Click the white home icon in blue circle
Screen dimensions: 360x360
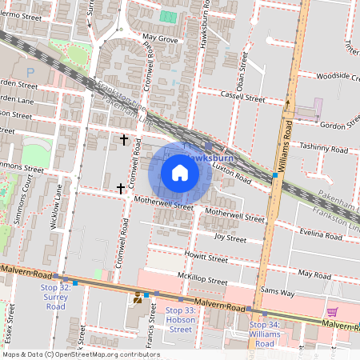(x=180, y=172)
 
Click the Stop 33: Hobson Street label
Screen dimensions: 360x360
(x=180, y=319)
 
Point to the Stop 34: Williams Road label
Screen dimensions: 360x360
(x=262, y=334)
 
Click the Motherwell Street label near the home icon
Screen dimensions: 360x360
(x=164, y=205)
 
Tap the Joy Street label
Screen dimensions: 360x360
(x=230, y=238)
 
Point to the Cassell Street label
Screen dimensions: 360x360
(x=243, y=98)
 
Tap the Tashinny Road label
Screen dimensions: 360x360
(x=323, y=148)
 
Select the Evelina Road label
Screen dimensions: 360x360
(x=321, y=234)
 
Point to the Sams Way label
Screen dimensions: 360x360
(x=278, y=293)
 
